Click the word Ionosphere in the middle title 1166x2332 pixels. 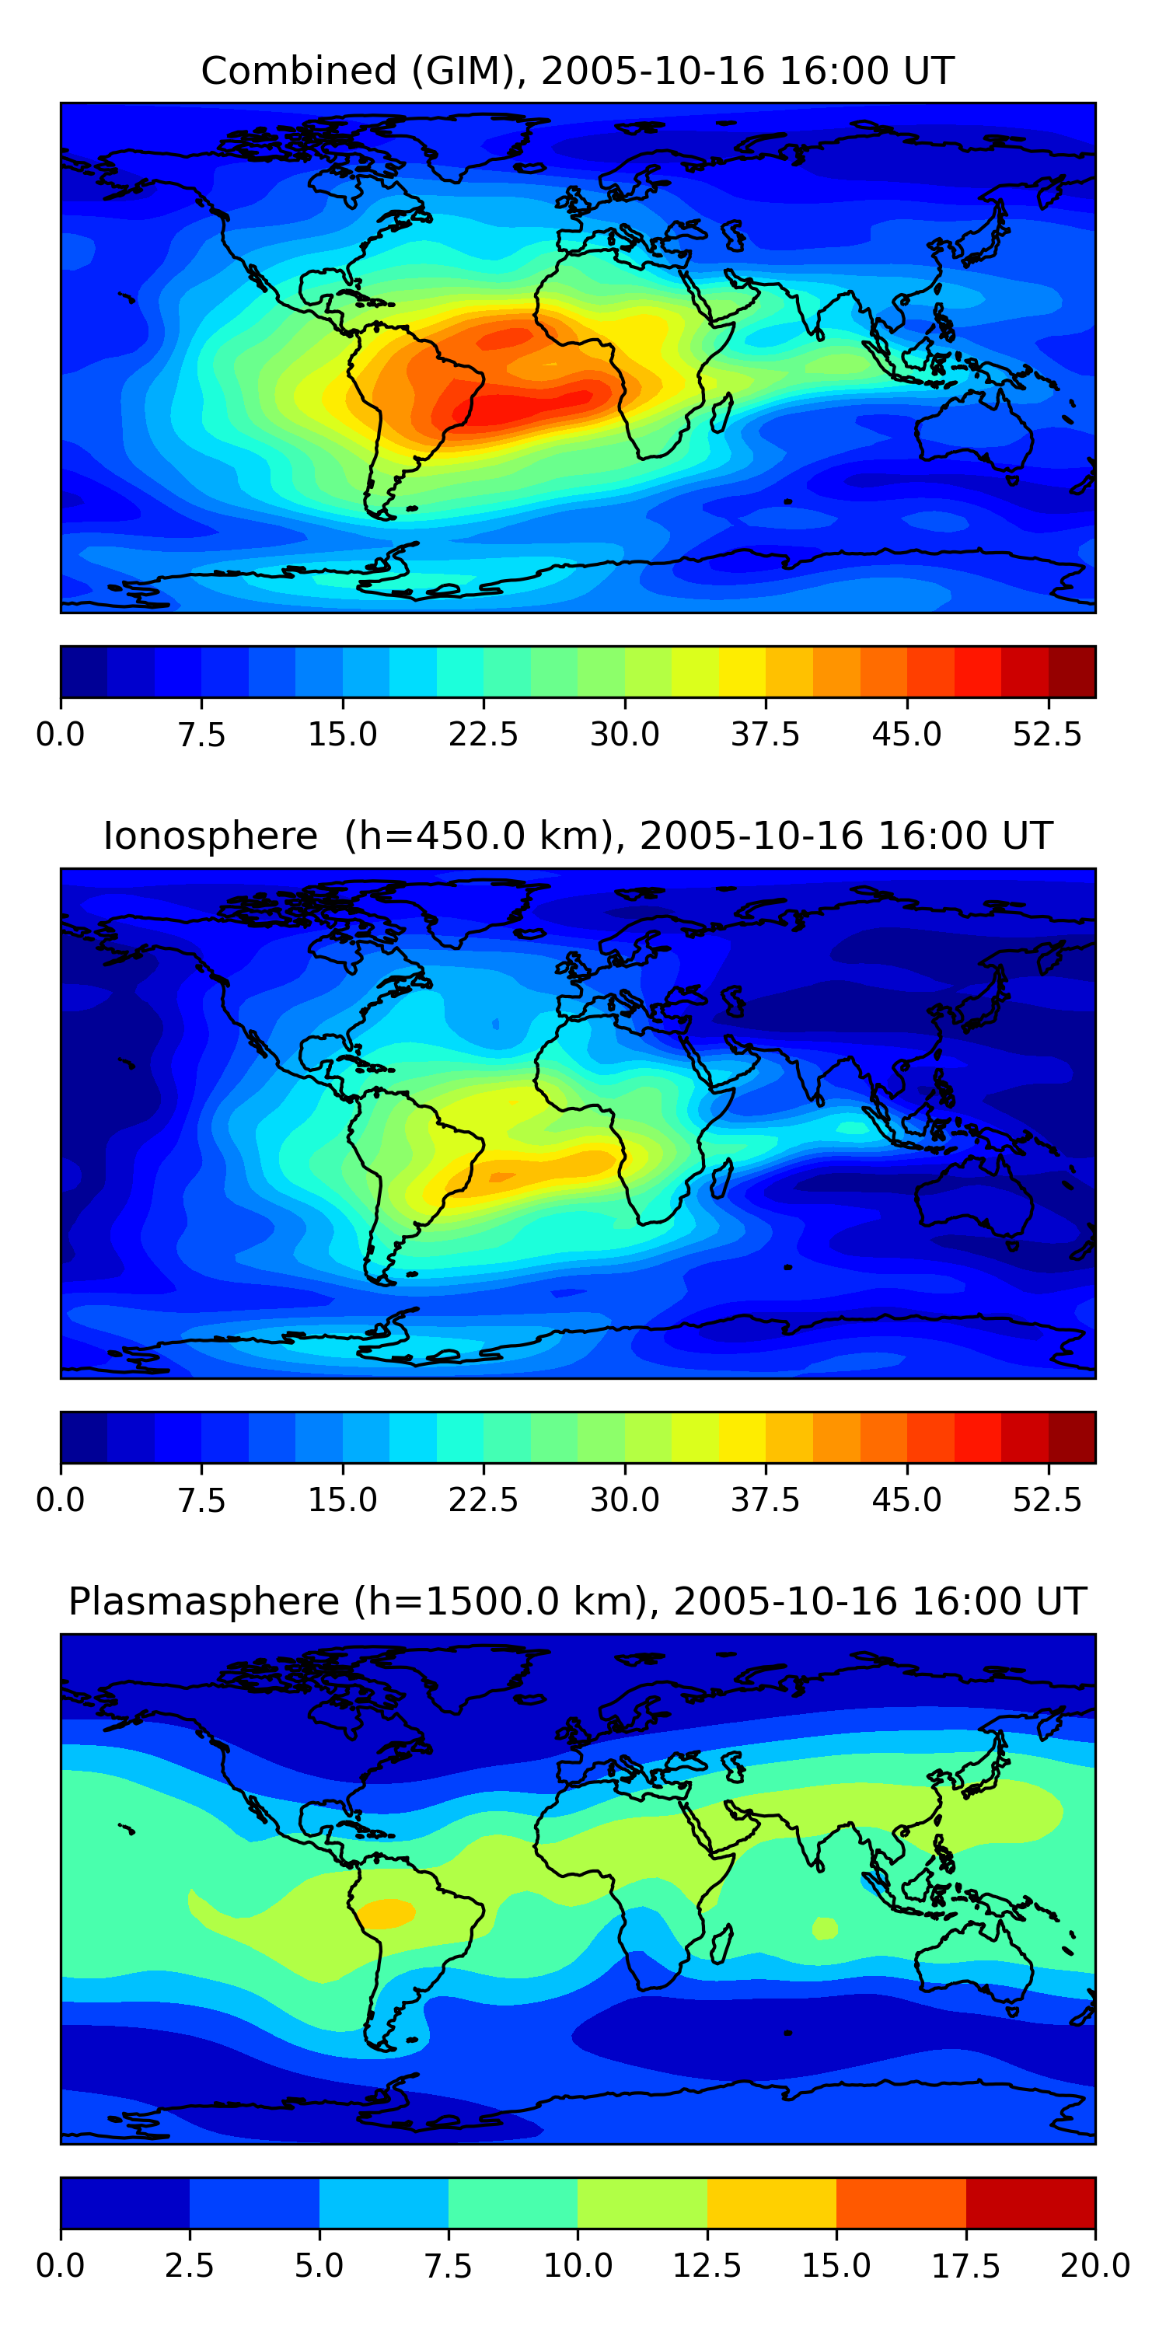click(x=210, y=836)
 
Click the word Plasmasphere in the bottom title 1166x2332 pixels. click(x=204, y=1601)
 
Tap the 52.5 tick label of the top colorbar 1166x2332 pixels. click(x=1046, y=734)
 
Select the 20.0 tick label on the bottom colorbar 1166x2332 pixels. click(x=1094, y=2266)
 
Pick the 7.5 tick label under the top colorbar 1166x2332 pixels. click(x=201, y=734)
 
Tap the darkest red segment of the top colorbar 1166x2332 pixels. click(x=1072, y=672)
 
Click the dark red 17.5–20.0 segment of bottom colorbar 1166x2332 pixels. click(x=1030, y=2202)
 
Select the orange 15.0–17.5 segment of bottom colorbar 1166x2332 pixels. click(x=901, y=2202)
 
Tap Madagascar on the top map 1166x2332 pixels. click(x=721, y=413)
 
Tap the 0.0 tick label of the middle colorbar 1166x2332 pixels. click(x=60, y=1500)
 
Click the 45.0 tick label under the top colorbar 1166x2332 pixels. click(x=906, y=734)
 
